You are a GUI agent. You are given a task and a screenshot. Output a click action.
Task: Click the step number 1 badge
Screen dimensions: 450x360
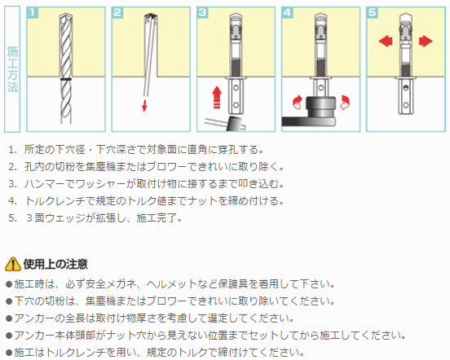[32, 13]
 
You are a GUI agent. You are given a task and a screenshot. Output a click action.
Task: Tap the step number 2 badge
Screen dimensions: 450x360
[117, 13]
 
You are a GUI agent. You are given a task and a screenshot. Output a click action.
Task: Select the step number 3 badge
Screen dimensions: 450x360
[202, 13]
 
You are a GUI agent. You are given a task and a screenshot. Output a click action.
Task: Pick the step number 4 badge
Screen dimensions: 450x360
[287, 13]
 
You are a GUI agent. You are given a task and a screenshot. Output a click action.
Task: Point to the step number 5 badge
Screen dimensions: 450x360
[372, 13]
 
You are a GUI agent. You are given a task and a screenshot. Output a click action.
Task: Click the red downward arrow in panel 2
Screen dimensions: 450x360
[144, 106]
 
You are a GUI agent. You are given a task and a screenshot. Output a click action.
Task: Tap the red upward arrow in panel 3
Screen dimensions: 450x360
[217, 98]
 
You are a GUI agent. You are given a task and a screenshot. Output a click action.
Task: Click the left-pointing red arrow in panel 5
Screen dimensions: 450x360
[386, 41]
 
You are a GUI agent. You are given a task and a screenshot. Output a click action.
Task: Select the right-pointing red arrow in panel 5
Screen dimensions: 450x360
[426, 41]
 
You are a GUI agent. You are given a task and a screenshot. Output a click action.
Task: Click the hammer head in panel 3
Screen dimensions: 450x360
[236, 124]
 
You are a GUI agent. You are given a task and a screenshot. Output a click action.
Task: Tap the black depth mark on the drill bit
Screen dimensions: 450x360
[66, 79]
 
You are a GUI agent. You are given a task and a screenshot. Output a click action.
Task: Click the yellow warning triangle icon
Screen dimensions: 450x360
[13, 264]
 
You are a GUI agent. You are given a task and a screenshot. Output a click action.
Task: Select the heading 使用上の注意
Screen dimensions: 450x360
[55, 264]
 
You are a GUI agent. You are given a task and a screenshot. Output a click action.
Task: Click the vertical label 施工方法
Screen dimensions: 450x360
[12, 69]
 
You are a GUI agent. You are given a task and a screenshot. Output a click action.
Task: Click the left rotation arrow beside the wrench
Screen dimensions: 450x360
[298, 103]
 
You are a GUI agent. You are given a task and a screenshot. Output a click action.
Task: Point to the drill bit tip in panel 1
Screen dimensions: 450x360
[66, 15]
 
